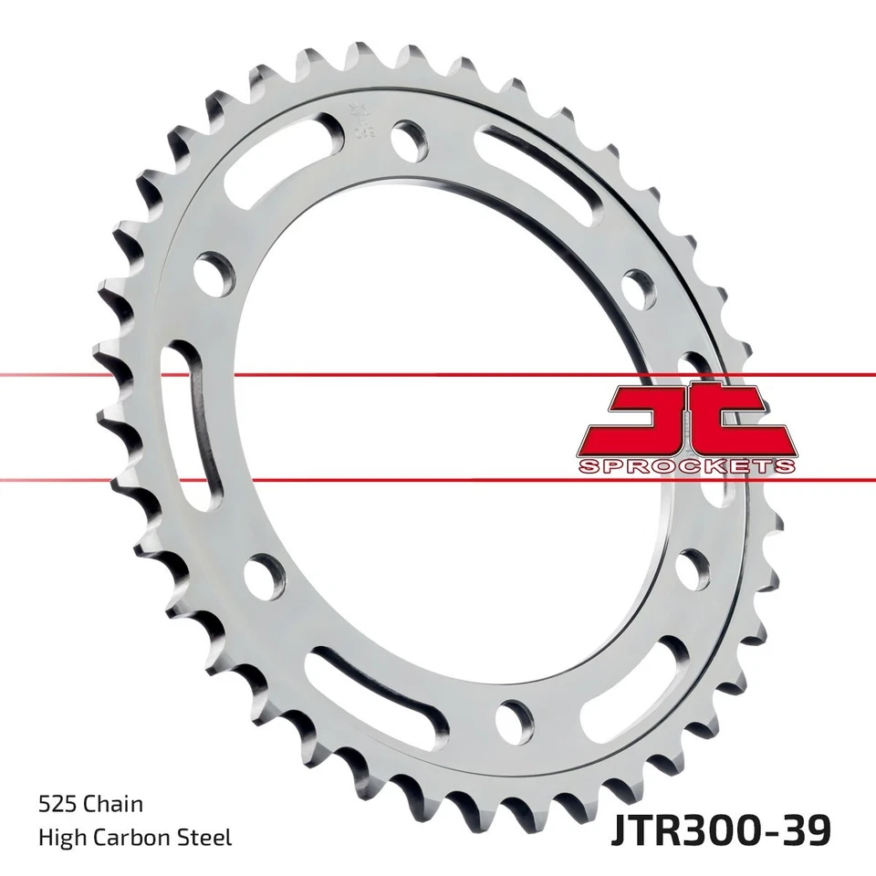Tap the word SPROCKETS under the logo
tap(687, 466)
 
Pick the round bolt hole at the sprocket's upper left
tap(213, 271)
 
